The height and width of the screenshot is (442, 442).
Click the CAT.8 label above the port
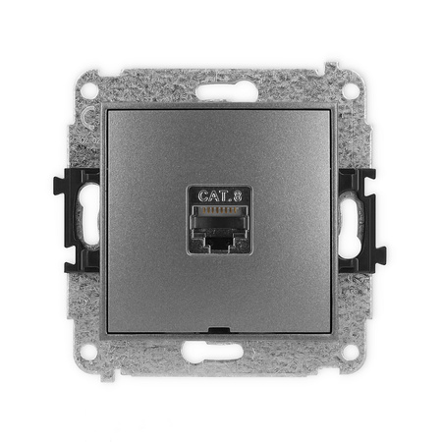point(220,196)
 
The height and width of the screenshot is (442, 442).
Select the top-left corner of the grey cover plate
point(109,109)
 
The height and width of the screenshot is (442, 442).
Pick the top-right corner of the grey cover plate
point(333,109)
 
